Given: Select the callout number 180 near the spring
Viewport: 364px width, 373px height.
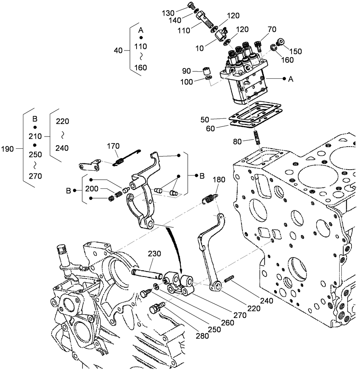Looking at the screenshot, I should (220, 180).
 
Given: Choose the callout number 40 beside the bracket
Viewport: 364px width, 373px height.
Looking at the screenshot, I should (118, 50).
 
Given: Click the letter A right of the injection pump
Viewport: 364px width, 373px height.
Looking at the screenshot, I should (291, 79).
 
